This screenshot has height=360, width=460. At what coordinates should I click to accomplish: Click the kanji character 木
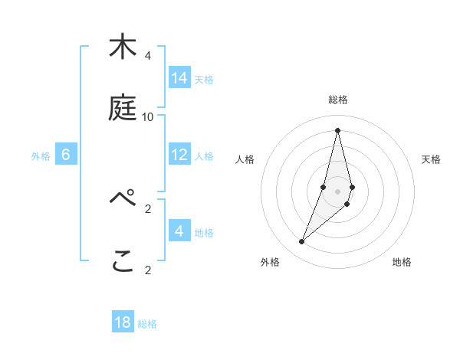(x=122, y=47)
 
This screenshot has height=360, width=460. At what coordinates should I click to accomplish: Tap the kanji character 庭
(x=122, y=109)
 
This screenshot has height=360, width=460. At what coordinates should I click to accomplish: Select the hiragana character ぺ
(x=122, y=201)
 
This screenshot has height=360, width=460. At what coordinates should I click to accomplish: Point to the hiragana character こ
(x=122, y=262)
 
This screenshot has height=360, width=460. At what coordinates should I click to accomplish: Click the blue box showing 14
(x=179, y=78)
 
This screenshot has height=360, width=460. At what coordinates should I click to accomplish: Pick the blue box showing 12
(x=179, y=155)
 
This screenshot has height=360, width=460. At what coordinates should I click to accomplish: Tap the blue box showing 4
(x=179, y=231)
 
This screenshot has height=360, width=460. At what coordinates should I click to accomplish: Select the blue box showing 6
(x=66, y=155)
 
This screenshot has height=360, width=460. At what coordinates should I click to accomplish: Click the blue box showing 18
(x=123, y=322)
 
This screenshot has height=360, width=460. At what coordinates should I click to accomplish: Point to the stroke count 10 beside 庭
(x=147, y=116)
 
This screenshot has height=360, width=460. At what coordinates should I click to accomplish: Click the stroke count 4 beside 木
(x=147, y=55)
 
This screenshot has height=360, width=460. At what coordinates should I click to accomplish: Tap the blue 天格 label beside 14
(x=204, y=79)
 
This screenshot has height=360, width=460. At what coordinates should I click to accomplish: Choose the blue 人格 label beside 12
(x=204, y=155)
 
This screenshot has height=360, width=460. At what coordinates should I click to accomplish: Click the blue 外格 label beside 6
(x=41, y=155)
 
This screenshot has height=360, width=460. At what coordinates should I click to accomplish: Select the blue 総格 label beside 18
(x=147, y=323)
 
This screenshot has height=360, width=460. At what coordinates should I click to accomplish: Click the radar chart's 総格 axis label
(x=337, y=100)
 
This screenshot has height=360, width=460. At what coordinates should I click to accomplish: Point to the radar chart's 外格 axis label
(x=270, y=262)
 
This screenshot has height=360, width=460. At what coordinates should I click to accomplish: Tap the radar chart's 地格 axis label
(x=402, y=262)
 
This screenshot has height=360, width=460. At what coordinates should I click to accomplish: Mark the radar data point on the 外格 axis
(x=302, y=242)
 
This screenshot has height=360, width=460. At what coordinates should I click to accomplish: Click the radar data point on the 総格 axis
(x=337, y=130)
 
